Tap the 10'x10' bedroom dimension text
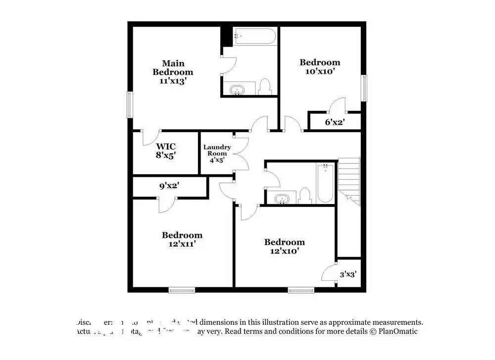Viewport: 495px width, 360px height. pos(320,71)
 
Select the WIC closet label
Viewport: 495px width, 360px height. pos(166,147)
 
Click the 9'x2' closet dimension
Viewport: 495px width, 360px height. pos(169,186)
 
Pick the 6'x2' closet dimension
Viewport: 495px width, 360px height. pos(335,121)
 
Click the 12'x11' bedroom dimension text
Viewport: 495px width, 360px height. pos(182,244)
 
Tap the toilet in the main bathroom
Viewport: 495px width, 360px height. pos(265,87)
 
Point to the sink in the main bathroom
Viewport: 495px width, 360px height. pos(237,90)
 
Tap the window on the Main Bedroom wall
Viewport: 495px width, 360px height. pos(130,104)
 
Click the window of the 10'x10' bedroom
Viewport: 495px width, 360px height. pos(364,87)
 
